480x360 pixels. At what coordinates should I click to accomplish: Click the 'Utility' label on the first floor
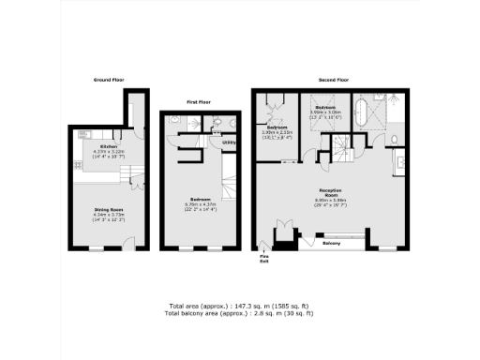click(x=228, y=143)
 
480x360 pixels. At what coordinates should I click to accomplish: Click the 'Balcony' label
click(x=331, y=243)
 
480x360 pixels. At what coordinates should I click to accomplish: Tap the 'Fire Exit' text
click(x=264, y=259)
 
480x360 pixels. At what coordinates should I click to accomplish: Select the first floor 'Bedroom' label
click(x=200, y=199)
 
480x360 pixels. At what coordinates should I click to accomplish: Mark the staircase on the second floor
click(x=335, y=146)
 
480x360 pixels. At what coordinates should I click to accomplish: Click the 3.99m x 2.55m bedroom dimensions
click(x=277, y=133)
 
